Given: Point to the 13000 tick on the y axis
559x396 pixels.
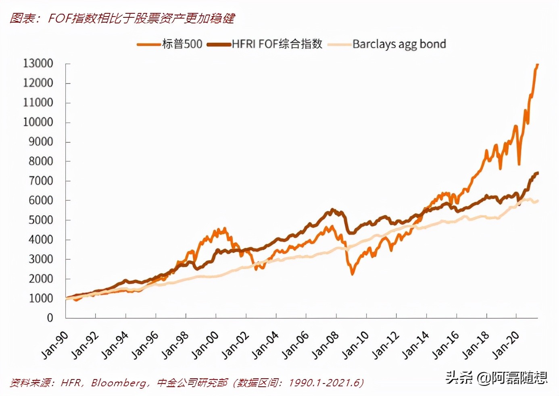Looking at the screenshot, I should [38, 64].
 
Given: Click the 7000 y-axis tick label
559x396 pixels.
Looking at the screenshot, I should [41, 181].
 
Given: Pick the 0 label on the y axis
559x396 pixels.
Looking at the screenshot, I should [50, 318].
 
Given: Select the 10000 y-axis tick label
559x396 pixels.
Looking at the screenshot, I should [38, 122].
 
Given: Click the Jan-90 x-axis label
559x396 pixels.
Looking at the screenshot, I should [55, 345].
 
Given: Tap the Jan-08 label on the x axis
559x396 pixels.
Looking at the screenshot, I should [326, 345].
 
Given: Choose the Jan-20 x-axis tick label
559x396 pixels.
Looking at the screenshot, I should [506, 345].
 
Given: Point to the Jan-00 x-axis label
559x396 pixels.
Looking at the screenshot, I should [206, 345].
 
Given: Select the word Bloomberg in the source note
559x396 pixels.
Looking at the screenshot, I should [119, 383].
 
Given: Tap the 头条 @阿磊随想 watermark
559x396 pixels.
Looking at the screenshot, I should [496, 377].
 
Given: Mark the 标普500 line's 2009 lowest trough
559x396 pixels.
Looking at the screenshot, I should [353, 274].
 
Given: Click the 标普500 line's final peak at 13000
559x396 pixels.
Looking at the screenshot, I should [537, 65].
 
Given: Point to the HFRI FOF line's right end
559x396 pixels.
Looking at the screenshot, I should [538, 173].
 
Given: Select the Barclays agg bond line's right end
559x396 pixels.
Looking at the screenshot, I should [538, 201].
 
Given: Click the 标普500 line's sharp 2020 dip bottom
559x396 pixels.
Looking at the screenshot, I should [519, 164].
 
